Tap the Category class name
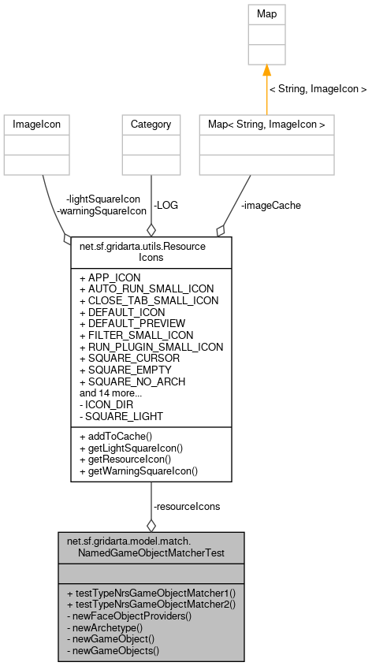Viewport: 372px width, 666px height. [x=151, y=124]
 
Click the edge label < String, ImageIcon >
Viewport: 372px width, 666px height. [x=318, y=90]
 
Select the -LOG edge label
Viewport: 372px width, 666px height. [x=166, y=205]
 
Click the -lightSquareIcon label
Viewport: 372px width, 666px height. [x=103, y=199]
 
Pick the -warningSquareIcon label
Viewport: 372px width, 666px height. [x=102, y=210]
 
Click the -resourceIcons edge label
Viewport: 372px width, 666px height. [x=186, y=506]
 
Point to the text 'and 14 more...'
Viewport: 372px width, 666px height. [x=110, y=393]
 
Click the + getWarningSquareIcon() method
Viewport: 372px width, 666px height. [x=139, y=471]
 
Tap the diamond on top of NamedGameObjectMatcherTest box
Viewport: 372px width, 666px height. [x=151, y=525]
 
